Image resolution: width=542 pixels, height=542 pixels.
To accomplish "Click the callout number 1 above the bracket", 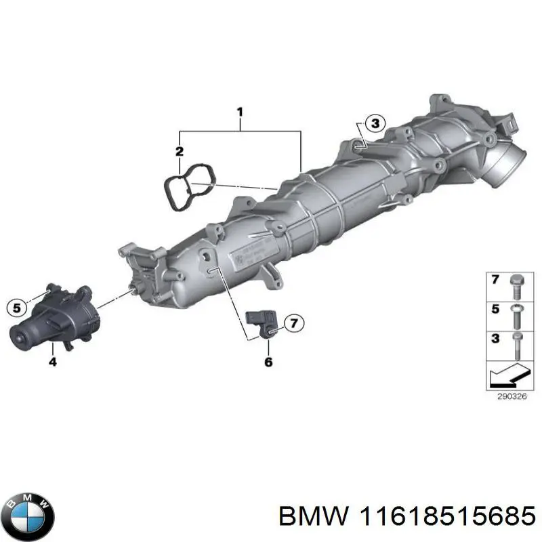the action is pos(240,112).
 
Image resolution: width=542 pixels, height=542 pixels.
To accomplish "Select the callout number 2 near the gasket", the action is pos(180,151).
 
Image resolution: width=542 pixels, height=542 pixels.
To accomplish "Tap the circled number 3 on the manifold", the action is pos(375,123).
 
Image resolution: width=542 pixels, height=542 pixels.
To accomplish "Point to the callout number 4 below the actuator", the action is pos(53,362).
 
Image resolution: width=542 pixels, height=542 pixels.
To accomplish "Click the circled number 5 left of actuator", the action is pos(16,307).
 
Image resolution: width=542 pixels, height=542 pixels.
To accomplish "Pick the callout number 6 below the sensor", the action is pos(268,362).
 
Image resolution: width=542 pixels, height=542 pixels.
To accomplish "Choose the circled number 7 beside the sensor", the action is pos(294,323).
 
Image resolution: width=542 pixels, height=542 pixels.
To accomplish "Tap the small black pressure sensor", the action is pos(262,323).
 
